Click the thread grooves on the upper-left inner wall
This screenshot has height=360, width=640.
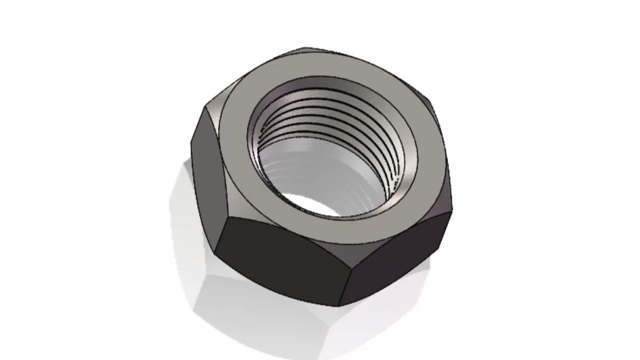pos(267,123)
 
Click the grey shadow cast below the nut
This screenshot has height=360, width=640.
pos(256,315)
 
